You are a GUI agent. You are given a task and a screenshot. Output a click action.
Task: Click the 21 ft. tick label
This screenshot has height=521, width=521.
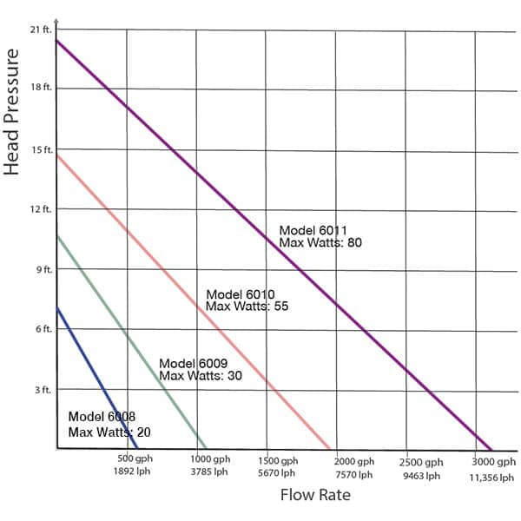(x=42, y=30)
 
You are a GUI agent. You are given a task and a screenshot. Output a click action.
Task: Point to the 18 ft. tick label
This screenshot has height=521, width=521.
(x=42, y=89)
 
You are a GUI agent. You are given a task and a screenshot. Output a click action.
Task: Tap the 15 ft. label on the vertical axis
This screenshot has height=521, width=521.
(x=42, y=149)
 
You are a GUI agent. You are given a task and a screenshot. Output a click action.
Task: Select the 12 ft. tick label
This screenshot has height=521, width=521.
(x=42, y=209)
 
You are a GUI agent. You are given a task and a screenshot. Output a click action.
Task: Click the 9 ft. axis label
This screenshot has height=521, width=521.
(x=44, y=270)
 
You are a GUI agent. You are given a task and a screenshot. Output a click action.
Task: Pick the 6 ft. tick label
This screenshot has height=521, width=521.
(x=44, y=329)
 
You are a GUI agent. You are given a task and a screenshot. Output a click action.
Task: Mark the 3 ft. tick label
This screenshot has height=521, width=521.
(x=44, y=390)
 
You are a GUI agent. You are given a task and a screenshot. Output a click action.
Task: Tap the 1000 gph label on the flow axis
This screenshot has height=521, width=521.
(x=209, y=460)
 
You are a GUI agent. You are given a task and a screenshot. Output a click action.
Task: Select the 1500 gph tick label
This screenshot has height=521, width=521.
(x=277, y=461)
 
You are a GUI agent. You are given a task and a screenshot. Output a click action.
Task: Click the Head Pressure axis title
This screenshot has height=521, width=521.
(x=12, y=112)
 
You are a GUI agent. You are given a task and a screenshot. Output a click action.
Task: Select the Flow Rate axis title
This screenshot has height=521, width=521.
(x=315, y=496)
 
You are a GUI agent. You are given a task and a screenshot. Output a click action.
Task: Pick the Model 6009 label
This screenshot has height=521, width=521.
(x=193, y=364)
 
